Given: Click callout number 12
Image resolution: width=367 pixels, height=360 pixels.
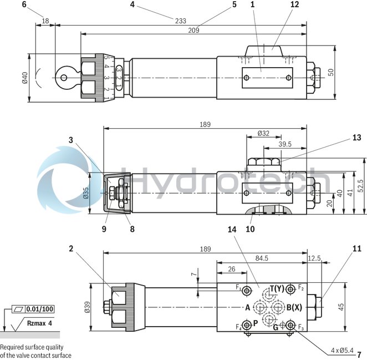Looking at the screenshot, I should (294, 4).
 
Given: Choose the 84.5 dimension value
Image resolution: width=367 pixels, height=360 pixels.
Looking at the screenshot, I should (262, 258).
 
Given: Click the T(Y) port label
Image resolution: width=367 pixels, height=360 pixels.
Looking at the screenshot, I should (277, 288).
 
